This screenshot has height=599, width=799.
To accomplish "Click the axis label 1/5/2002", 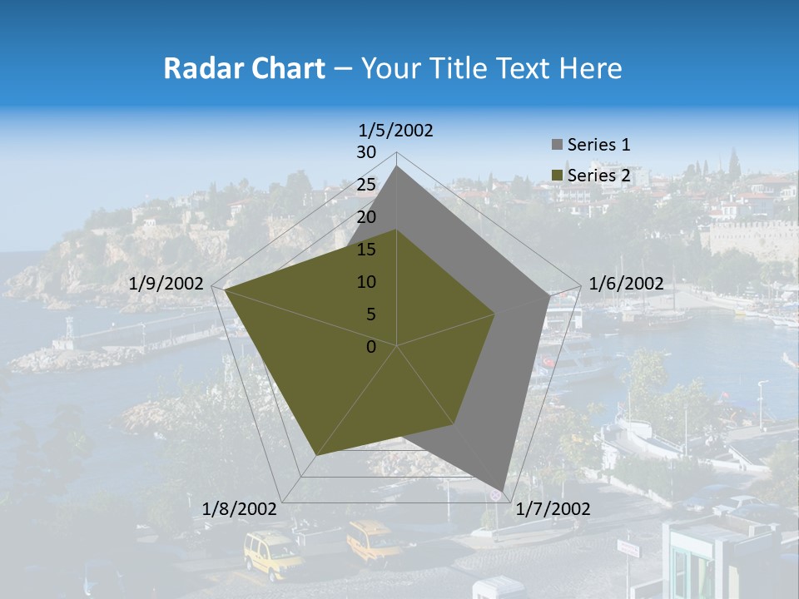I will [396, 130].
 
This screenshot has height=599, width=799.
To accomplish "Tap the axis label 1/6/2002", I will [626, 284].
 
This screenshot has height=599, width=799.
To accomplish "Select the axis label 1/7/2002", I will [553, 509].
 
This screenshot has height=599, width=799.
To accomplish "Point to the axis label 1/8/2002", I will [240, 509].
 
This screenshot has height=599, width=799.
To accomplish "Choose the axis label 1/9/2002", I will [166, 284].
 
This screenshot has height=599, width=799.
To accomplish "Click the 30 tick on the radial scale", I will [366, 152].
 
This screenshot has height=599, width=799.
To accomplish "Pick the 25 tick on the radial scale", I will [366, 185].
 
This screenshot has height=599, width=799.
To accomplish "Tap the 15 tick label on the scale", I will [366, 250].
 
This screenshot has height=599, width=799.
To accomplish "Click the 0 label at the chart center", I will [371, 347].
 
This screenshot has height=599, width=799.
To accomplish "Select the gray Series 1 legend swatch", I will [557, 145].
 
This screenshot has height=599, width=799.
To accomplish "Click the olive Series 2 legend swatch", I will [557, 176].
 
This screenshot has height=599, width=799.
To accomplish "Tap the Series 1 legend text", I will [598, 145].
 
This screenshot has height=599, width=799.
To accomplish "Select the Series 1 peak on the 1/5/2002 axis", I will [397, 166].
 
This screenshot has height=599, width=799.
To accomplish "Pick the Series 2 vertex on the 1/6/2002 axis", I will [494, 314].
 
